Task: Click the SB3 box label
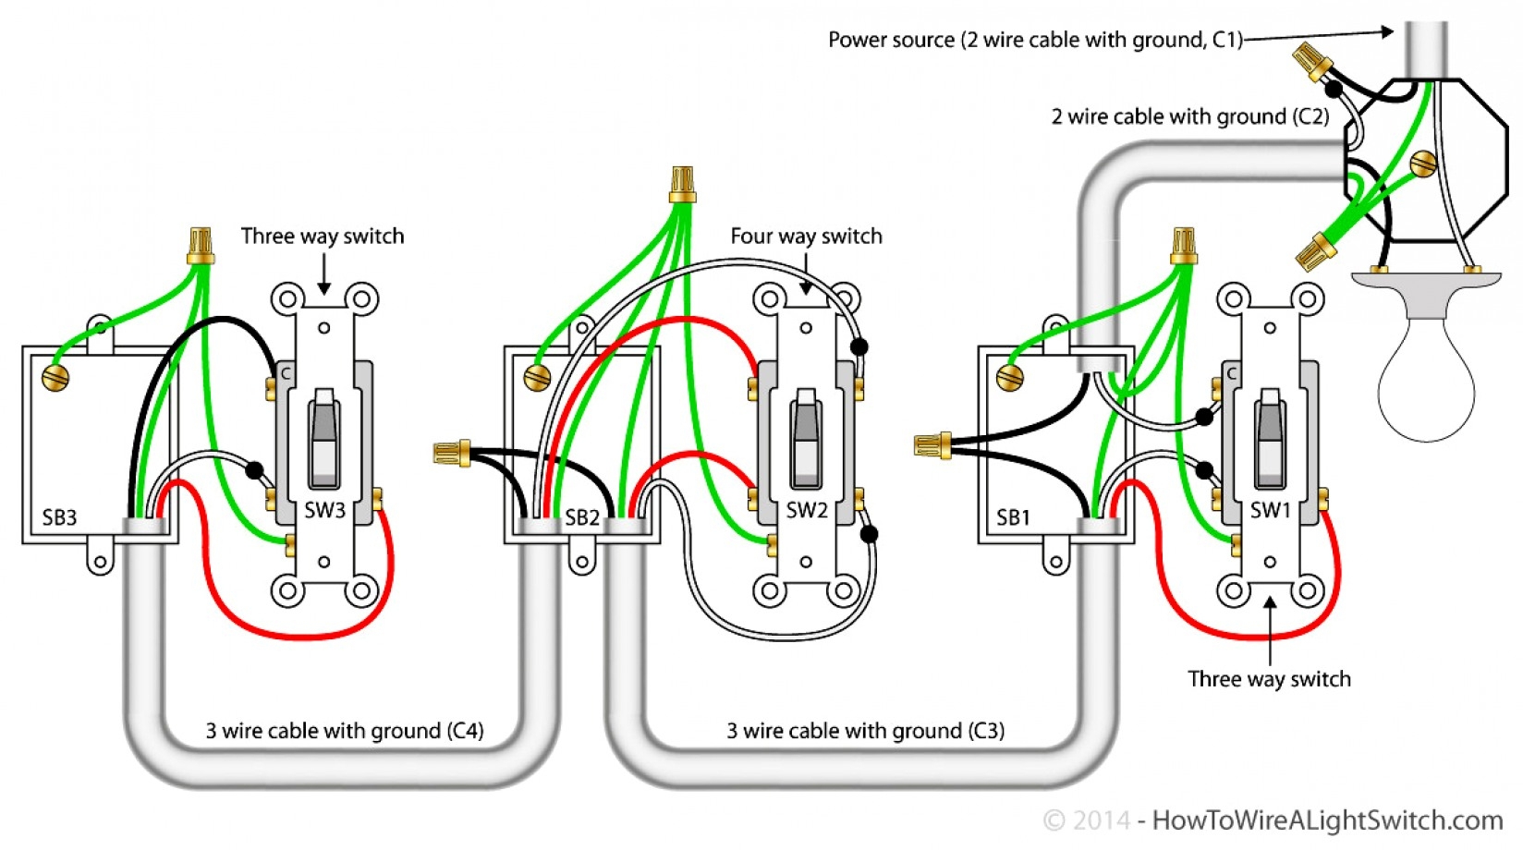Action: pyautogui.click(x=59, y=517)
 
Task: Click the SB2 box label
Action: pyautogui.click(x=582, y=517)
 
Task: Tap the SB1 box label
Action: pyautogui.click(x=1013, y=517)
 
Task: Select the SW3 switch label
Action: pyautogui.click(x=324, y=510)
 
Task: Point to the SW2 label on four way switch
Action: pyautogui.click(x=806, y=510)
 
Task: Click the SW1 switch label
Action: pyautogui.click(x=1270, y=510)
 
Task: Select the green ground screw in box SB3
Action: pyautogui.click(x=55, y=378)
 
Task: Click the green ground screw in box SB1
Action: pyautogui.click(x=1010, y=377)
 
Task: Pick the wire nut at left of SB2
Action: pyautogui.click(x=451, y=453)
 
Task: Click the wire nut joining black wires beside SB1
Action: pyautogui.click(x=932, y=446)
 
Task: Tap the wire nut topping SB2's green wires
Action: pyautogui.click(x=682, y=184)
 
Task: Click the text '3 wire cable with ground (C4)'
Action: pyautogui.click(x=344, y=731)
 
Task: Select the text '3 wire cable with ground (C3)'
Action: pyautogui.click(x=865, y=731)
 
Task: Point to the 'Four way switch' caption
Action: pyautogui.click(x=806, y=237)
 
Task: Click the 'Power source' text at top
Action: pyautogui.click(x=1035, y=40)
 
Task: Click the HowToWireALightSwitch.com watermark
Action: pyautogui.click(x=1326, y=820)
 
